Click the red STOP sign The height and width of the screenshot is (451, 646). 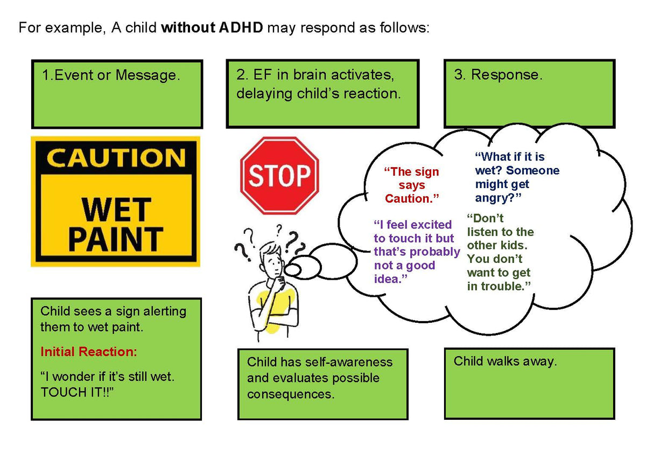point(279,176)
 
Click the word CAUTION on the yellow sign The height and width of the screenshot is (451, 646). point(116,158)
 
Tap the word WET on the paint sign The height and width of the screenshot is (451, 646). point(115,209)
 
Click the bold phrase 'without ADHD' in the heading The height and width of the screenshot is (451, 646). point(212,27)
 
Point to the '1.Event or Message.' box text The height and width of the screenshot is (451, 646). point(110,75)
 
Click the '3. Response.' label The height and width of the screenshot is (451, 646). point(498,75)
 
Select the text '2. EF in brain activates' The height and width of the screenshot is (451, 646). point(319,75)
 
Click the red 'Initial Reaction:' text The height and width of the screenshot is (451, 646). point(89,352)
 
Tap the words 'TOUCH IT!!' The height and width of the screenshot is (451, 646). point(78,392)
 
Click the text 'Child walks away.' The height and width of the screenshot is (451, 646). point(505,361)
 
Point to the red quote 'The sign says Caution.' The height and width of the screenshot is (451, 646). point(412,185)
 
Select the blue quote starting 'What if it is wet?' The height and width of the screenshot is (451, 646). point(517,177)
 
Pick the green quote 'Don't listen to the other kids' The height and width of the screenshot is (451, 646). point(500,252)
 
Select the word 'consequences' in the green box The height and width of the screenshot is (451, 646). point(291,394)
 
